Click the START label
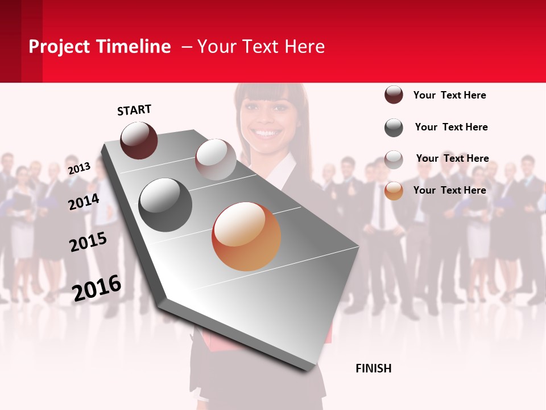(134, 110)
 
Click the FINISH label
(373, 368)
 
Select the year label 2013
(79, 169)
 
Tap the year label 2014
(84, 202)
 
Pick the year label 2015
(88, 242)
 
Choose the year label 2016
(97, 288)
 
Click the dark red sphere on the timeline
(139, 140)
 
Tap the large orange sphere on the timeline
(246, 236)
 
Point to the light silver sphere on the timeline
(216, 159)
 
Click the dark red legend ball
(394, 95)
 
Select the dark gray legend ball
(394, 128)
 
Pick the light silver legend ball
(394, 159)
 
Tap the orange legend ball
(394, 191)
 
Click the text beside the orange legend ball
(449, 190)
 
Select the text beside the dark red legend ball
(449, 95)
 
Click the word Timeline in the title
(134, 47)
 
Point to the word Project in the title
(59, 47)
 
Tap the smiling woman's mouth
(267, 133)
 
